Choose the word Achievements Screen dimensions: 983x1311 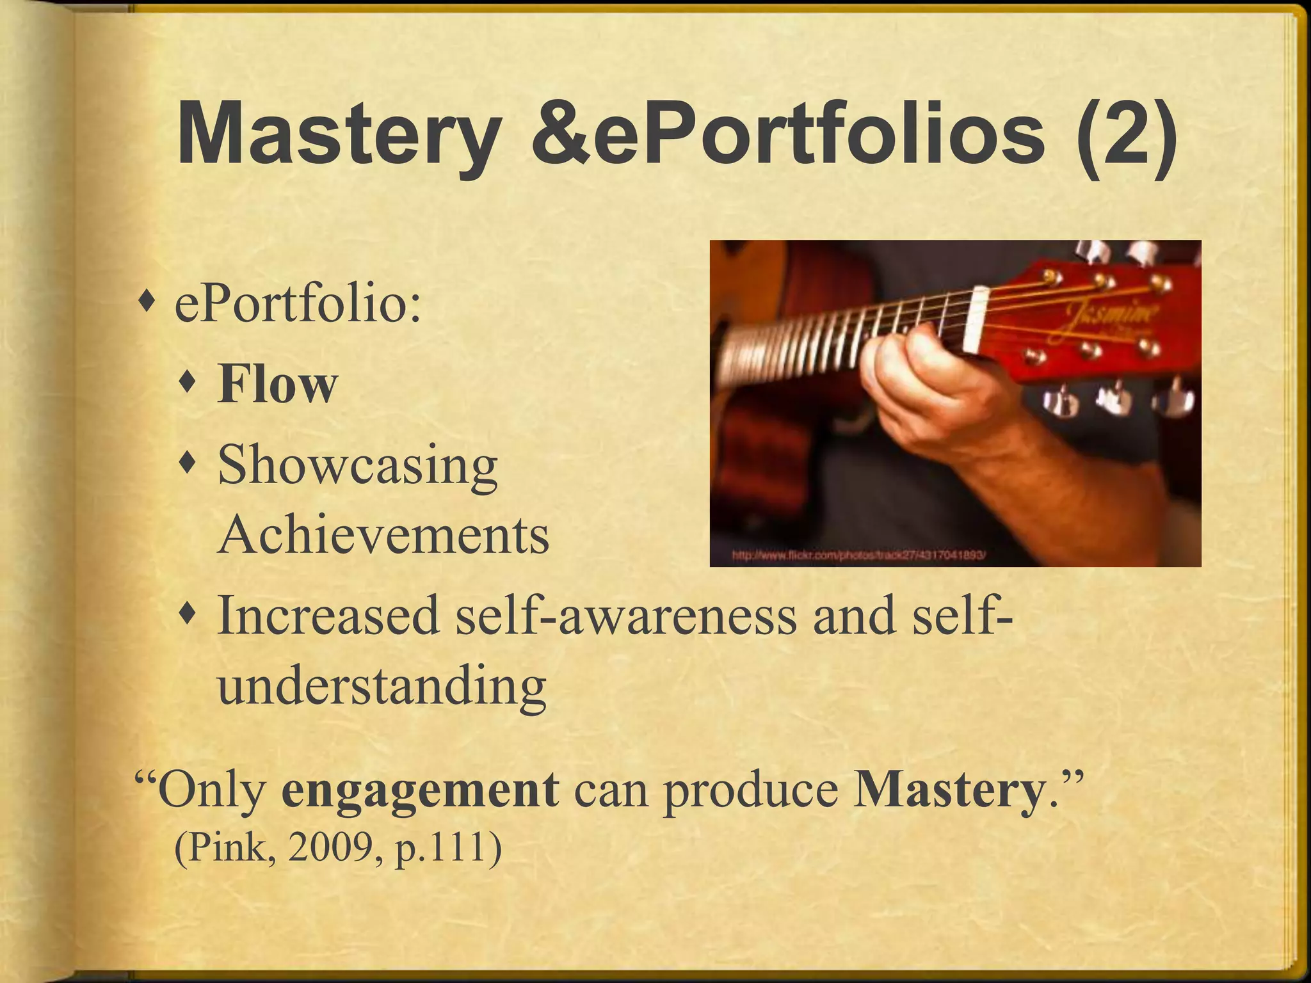pyautogui.click(x=383, y=535)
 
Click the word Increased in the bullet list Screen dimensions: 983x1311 pyautogui.click(x=328, y=614)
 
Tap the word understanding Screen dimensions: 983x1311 pyautogui.click(x=382, y=685)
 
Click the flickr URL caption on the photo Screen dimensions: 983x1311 pyautogui.click(x=858, y=556)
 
